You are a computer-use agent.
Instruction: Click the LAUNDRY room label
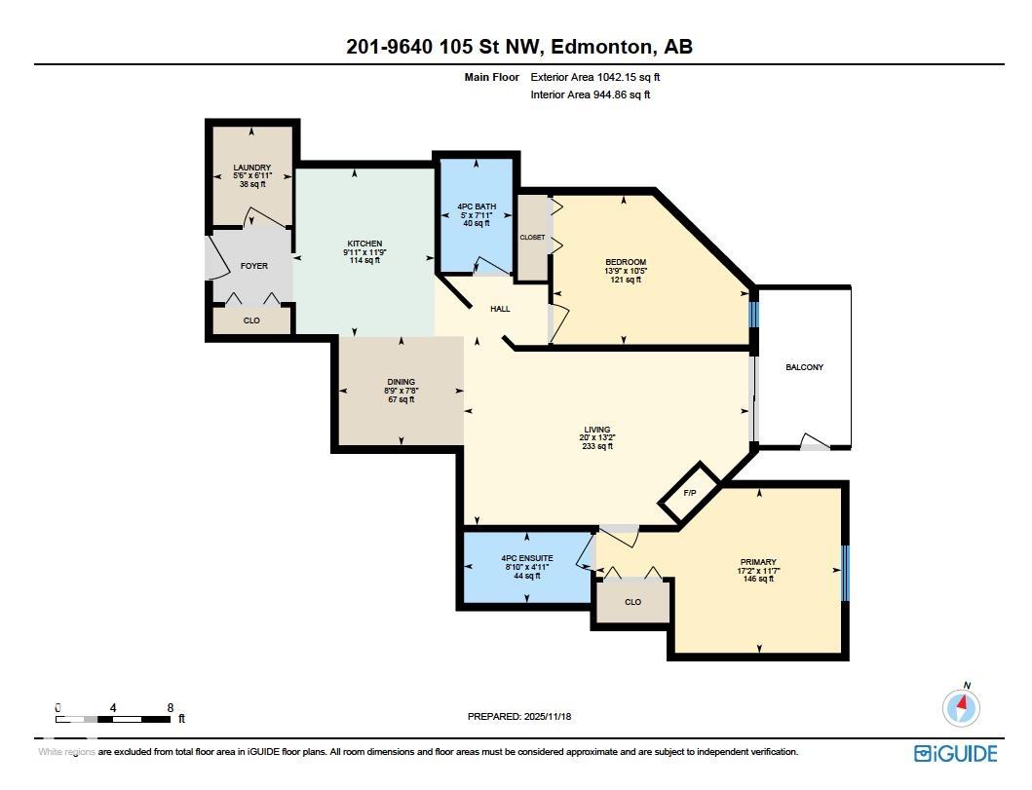pos(251,168)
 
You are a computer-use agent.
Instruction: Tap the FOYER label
pos(253,266)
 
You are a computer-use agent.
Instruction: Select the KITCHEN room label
pos(364,244)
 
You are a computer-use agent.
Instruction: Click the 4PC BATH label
pos(477,207)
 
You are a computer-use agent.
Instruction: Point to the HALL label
pos(500,309)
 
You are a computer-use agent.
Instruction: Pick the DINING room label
pos(401,382)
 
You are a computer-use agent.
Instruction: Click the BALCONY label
pos(804,367)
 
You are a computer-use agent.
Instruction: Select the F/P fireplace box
pos(690,494)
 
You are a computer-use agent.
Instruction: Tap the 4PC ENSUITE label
pos(526,558)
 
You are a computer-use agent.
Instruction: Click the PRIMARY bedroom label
pos(757,562)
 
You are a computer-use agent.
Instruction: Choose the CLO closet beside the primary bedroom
pos(632,602)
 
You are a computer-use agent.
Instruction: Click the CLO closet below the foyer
pos(251,320)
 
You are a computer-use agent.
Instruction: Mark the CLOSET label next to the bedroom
pos(532,238)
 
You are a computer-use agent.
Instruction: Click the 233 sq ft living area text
pos(596,446)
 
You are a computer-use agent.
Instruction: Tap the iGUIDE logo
pos(955,753)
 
